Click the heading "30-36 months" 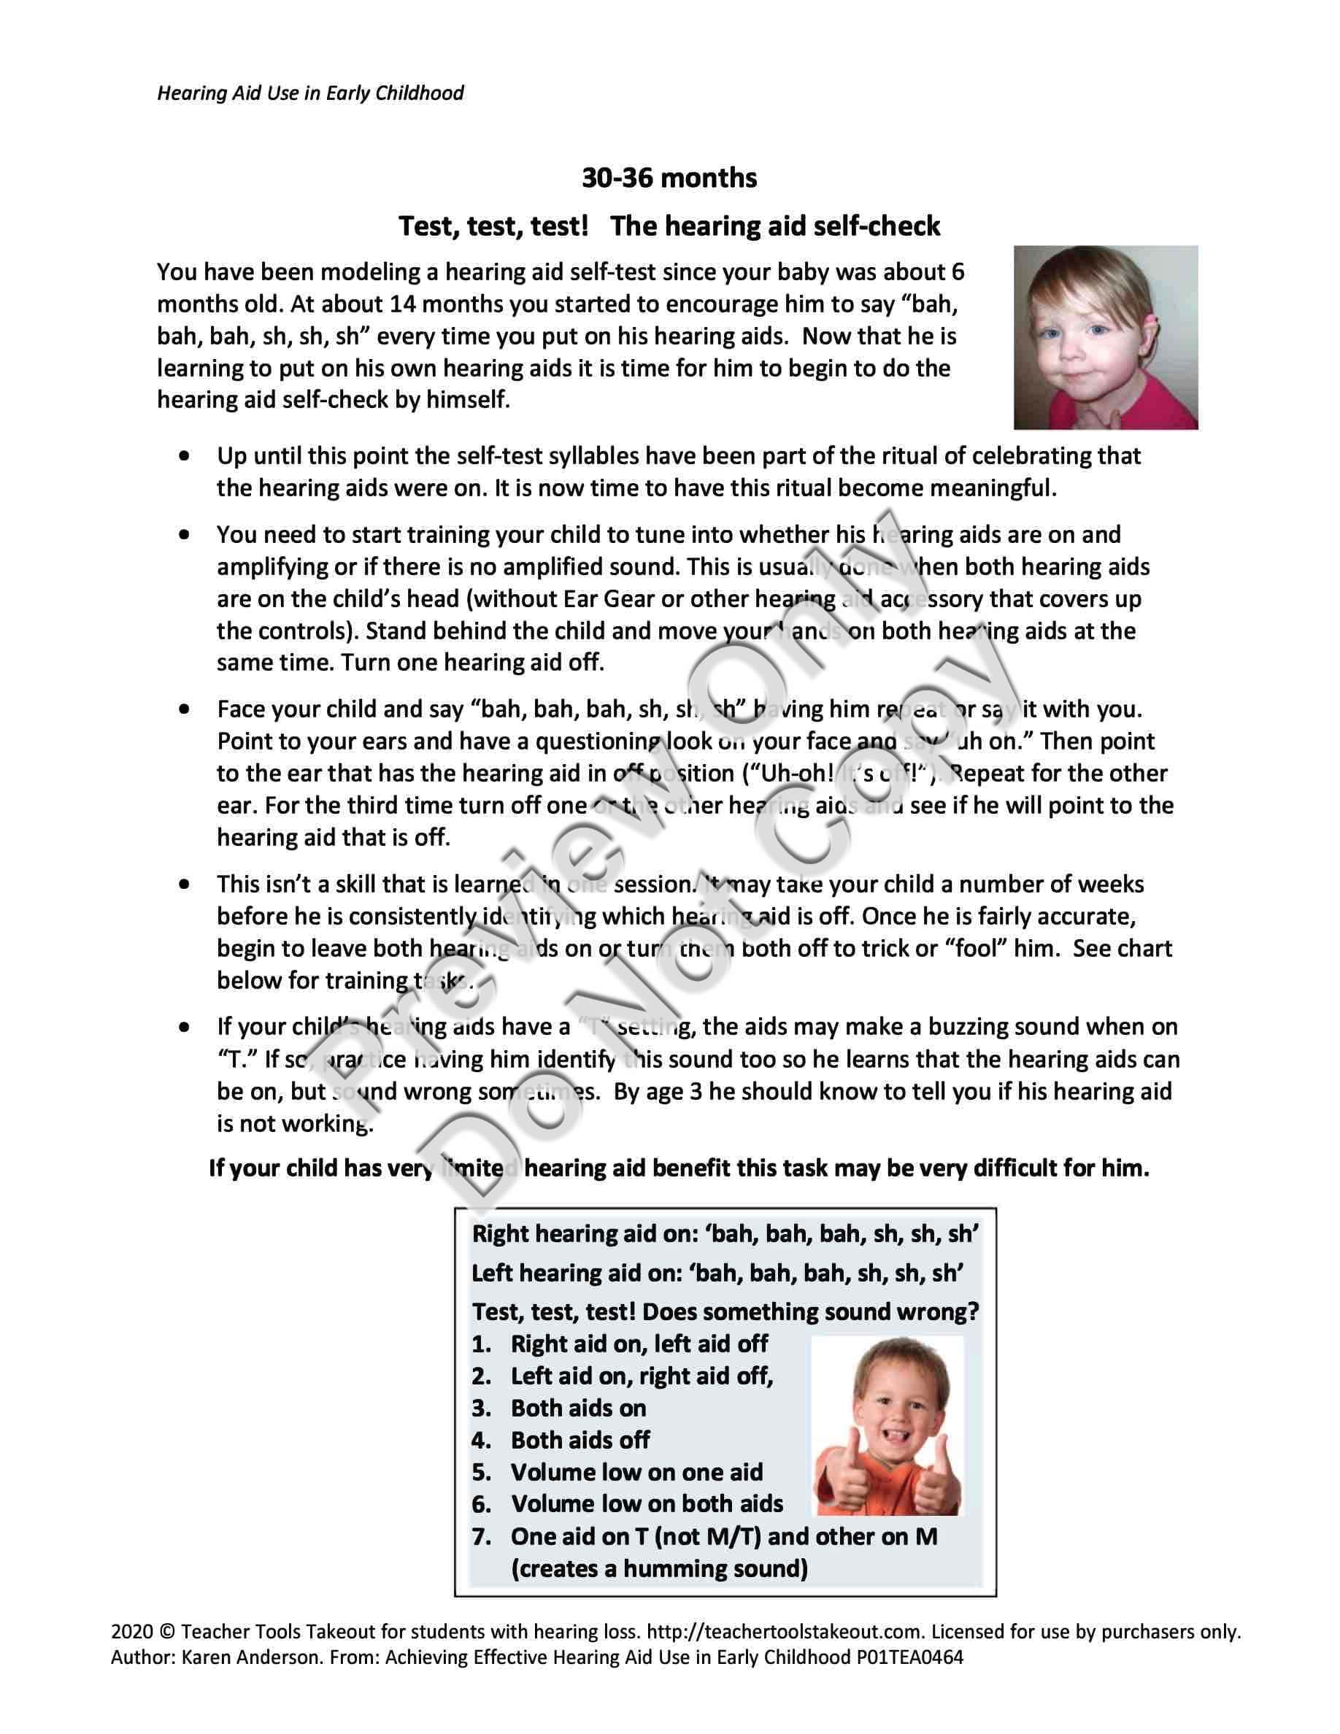pos(669,178)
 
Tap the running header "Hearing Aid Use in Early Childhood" pos(310,93)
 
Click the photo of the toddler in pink pos(1105,337)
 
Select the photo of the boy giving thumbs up pos(889,1426)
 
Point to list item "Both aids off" pos(579,1440)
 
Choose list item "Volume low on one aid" pos(636,1472)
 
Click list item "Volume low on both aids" pos(647,1504)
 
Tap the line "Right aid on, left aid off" pos(639,1344)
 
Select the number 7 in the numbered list pos(480,1536)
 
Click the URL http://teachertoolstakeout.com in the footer pos(786,1632)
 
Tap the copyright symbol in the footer pos(166,1632)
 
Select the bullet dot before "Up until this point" pos(185,457)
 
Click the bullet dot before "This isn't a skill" pos(185,884)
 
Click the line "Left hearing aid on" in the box pos(717,1273)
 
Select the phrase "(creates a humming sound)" pos(659,1569)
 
